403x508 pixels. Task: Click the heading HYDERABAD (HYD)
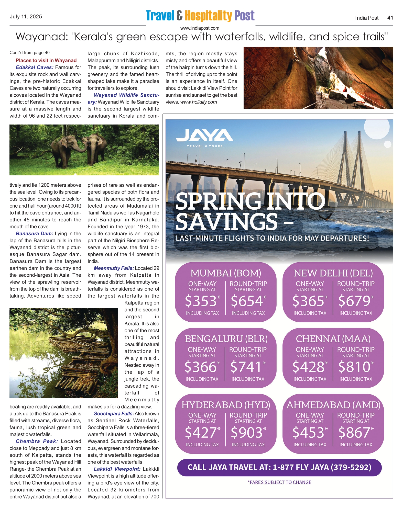[226, 405]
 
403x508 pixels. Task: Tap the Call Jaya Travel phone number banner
[279, 467]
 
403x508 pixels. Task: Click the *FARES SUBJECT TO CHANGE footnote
[279, 482]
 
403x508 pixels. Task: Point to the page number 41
[390, 18]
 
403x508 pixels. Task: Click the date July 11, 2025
[26, 17]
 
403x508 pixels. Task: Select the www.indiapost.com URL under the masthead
[200, 28]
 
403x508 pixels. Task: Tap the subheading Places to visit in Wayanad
[46, 61]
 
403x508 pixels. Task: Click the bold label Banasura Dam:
[34, 234]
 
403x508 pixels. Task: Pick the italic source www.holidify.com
[199, 102]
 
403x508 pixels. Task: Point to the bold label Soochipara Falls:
[114, 414]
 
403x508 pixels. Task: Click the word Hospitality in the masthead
[208, 16]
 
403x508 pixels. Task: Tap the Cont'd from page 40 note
[30, 53]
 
